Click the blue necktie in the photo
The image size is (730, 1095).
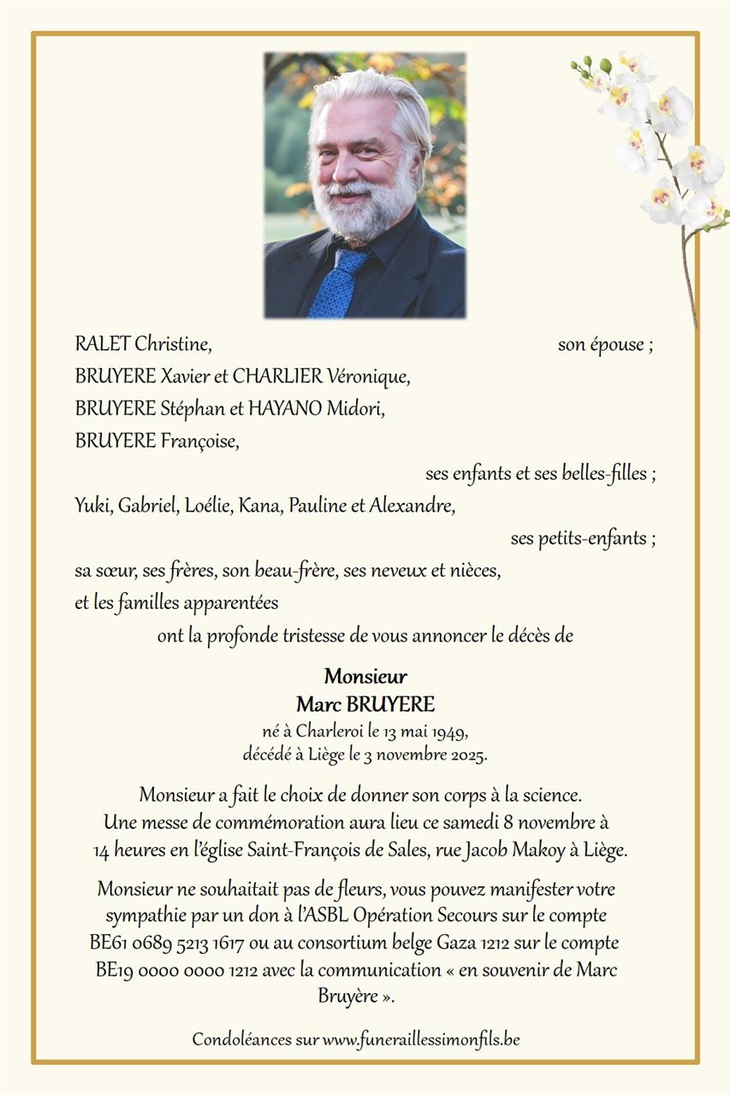point(336,282)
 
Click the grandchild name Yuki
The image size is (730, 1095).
point(92,506)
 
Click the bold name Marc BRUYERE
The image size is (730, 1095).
point(365,705)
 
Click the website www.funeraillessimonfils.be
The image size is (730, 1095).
point(421,1040)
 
